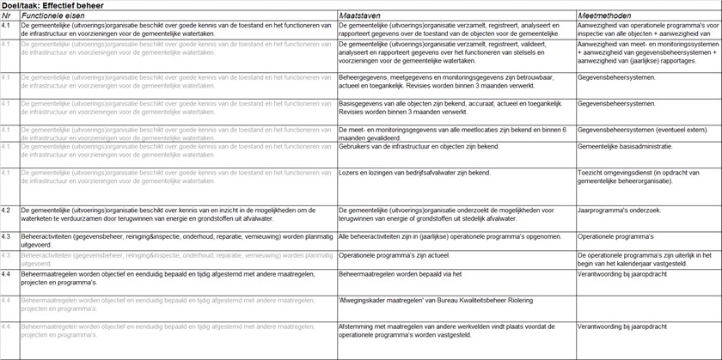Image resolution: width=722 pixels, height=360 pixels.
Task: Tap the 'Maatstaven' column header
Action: click(x=361, y=15)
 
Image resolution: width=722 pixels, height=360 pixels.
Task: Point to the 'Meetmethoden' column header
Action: click(x=606, y=15)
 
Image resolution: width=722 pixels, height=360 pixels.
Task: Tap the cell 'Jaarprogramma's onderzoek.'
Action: click(x=619, y=210)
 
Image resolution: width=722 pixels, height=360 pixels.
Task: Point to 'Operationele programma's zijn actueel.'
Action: click(x=399, y=255)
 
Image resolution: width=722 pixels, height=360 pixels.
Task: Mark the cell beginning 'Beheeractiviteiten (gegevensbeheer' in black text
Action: click(x=172, y=240)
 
